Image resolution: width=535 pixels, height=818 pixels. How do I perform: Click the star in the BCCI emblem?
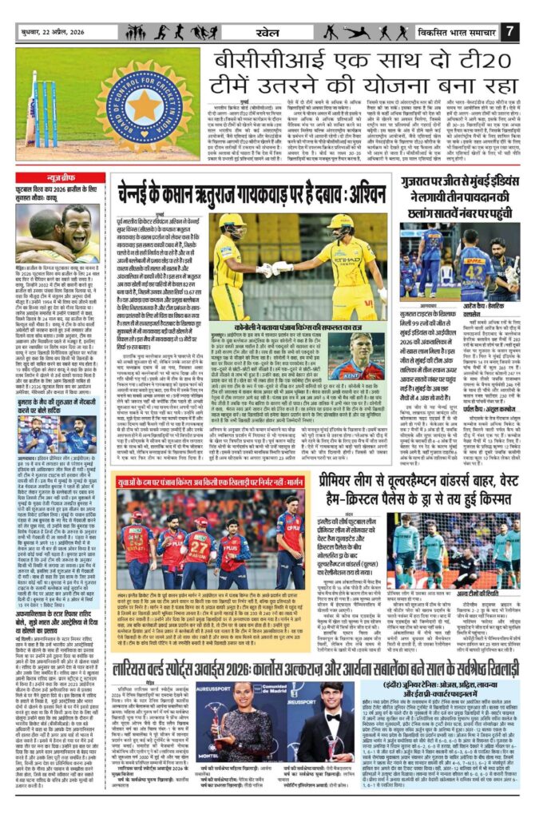pyautogui.click(x=145, y=106)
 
